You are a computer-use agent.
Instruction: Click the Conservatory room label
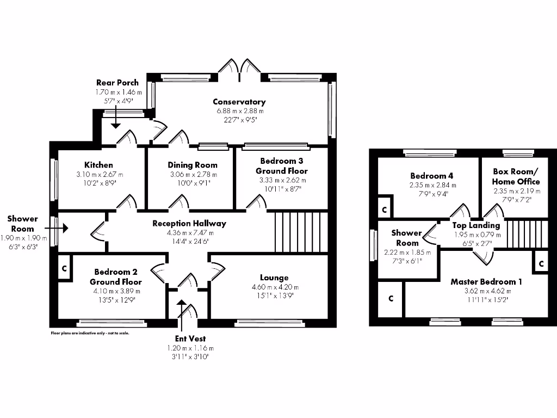(x=239, y=102)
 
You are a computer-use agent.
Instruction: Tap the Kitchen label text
(x=98, y=165)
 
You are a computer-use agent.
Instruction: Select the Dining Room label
(x=192, y=165)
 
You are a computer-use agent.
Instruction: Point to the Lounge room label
(x=274, y=278)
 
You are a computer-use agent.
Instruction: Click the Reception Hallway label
(x=189, y=223)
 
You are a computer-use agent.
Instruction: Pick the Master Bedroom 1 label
(x=486, y=281)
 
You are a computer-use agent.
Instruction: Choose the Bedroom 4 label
(x=432, y=176)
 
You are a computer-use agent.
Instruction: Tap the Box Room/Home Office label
(x=516, y=176)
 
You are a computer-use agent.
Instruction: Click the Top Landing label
(x=476, y=225)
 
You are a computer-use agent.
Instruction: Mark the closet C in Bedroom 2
(x=64, y=268)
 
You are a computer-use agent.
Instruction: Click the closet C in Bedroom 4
(x=384, y=209)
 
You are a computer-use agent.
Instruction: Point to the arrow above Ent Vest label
(x=181, y=306)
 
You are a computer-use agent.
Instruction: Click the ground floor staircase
(x=301, y=232)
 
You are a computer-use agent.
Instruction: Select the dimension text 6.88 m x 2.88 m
(x=239, y=111)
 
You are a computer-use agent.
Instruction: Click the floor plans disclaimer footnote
(x=90, y=333)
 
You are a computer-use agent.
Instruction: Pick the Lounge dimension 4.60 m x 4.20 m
(x=274, y=287)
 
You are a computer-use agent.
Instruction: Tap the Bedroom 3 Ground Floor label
(x=282, y=166)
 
